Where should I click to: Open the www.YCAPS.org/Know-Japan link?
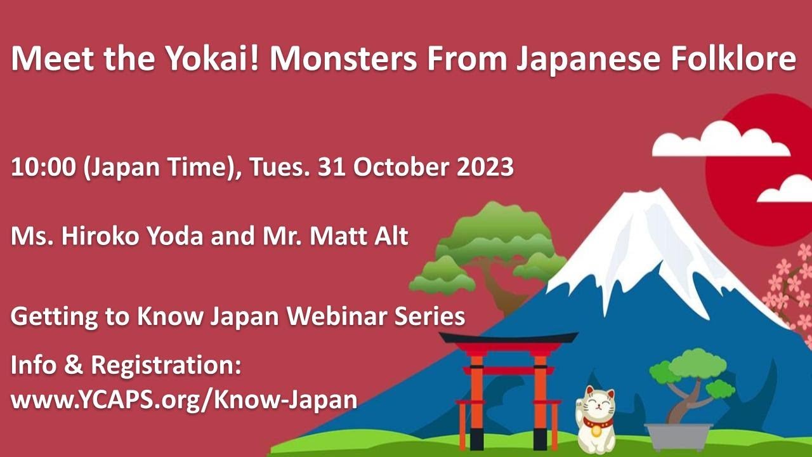[184, 399]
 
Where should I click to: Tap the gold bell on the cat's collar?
[596, 431]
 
